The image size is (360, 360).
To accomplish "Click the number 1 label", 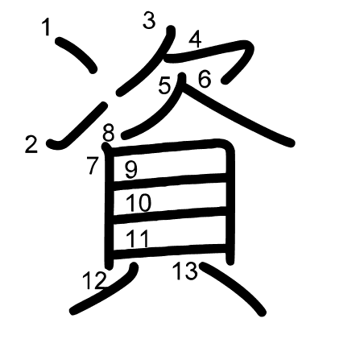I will click(47, 28).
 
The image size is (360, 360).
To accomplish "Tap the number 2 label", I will click(31, 145).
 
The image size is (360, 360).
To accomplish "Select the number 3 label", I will click(149, 21).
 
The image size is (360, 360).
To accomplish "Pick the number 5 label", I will click(164, 85).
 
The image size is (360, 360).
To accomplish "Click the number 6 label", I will click(204, 79).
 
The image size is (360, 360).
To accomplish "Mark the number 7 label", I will click(93, 166).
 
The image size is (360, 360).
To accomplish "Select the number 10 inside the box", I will click(139, 203).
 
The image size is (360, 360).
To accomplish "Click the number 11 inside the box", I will click(138, 238).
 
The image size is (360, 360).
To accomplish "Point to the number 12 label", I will click(94, 281).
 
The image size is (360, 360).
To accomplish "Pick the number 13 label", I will click(185, 271).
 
